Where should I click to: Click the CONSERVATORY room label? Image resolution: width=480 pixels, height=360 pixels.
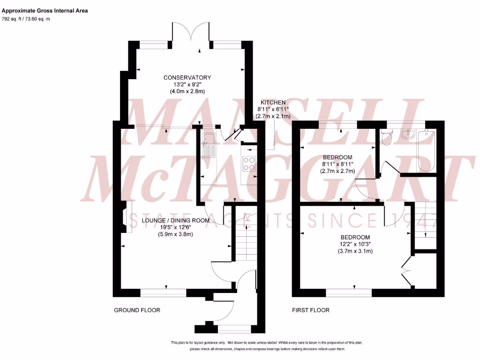click(x=187, y=78)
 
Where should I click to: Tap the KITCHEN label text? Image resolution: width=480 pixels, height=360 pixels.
click(x=273, y=102)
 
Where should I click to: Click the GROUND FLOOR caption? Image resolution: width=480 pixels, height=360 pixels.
click(x=137, y=310)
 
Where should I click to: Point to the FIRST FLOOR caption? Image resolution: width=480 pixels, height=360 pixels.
click(x=311, y=310)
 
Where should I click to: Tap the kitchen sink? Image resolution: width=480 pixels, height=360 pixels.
click(x=209, y=143)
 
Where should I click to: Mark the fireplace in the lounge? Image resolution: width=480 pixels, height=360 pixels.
click(x=124, y=217)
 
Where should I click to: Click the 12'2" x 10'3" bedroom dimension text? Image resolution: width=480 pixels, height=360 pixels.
click(x=355, y=244)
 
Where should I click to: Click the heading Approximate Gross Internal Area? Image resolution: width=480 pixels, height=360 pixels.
click(x=45, y=10)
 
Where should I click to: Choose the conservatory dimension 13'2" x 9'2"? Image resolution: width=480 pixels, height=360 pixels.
click(x=187, y=85)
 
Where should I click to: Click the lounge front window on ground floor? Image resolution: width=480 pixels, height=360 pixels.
click(x=163, y=292)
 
